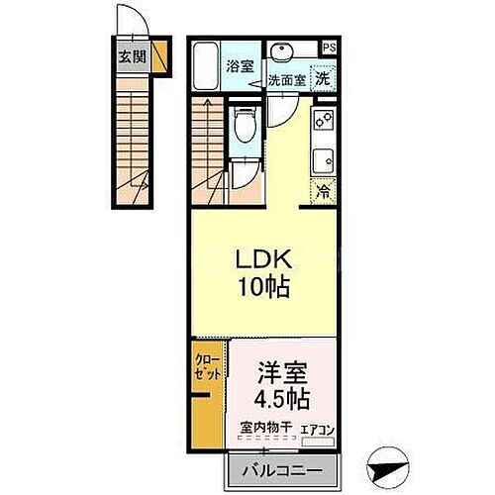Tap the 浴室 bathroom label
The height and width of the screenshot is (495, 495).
pyautogui.click(x=238, y=67)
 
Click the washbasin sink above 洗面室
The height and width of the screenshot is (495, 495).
pyautogui.click(x=286, y=51)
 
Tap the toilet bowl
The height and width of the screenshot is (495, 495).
pyautogui.click(x=244, y=127)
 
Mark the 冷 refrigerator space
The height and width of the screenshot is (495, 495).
pyautogui.click(x=323, y=193)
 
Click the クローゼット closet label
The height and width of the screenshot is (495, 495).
pyautogui.click(x=206, y=368)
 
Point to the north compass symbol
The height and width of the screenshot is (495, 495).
pyautogui.click(x=389, y=460)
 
